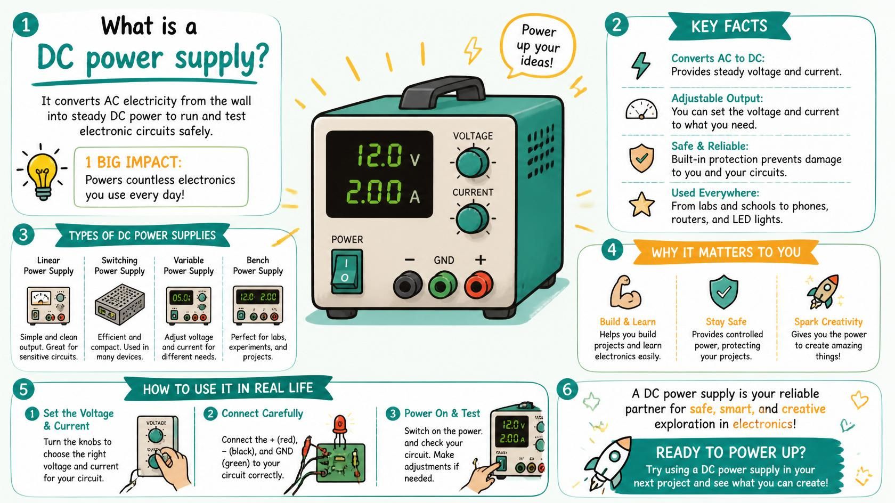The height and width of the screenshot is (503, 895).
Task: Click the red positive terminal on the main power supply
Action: coord(478,285)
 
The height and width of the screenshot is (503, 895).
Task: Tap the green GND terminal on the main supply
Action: coord(443,285)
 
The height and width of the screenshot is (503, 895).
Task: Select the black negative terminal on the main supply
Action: coord(408,285)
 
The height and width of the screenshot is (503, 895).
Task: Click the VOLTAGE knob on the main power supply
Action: coord(473,162)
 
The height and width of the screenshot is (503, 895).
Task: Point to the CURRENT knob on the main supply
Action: coord(473,218)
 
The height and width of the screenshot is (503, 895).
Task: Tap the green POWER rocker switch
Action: coord(347,271)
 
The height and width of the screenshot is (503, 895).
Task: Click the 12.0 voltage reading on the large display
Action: coord(379,156)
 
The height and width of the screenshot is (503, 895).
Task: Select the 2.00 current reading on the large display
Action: coord(373,192)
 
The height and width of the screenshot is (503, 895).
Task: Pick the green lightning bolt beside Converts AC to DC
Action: coord(640,65)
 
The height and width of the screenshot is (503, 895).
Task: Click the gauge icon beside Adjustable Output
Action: coord(641,109)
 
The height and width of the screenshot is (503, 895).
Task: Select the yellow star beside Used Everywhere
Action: coord(641,205)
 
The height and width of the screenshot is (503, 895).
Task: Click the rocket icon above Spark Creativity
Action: coord(823,291)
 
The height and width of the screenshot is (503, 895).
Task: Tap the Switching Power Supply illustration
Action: coord(119,304)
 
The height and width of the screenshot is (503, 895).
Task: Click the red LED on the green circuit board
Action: coord(340,424)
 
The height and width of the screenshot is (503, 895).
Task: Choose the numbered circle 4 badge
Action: coord(612,250)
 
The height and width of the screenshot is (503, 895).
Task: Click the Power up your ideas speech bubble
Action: coord(538,46)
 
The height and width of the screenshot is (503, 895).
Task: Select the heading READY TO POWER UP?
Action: coord(730,453)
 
